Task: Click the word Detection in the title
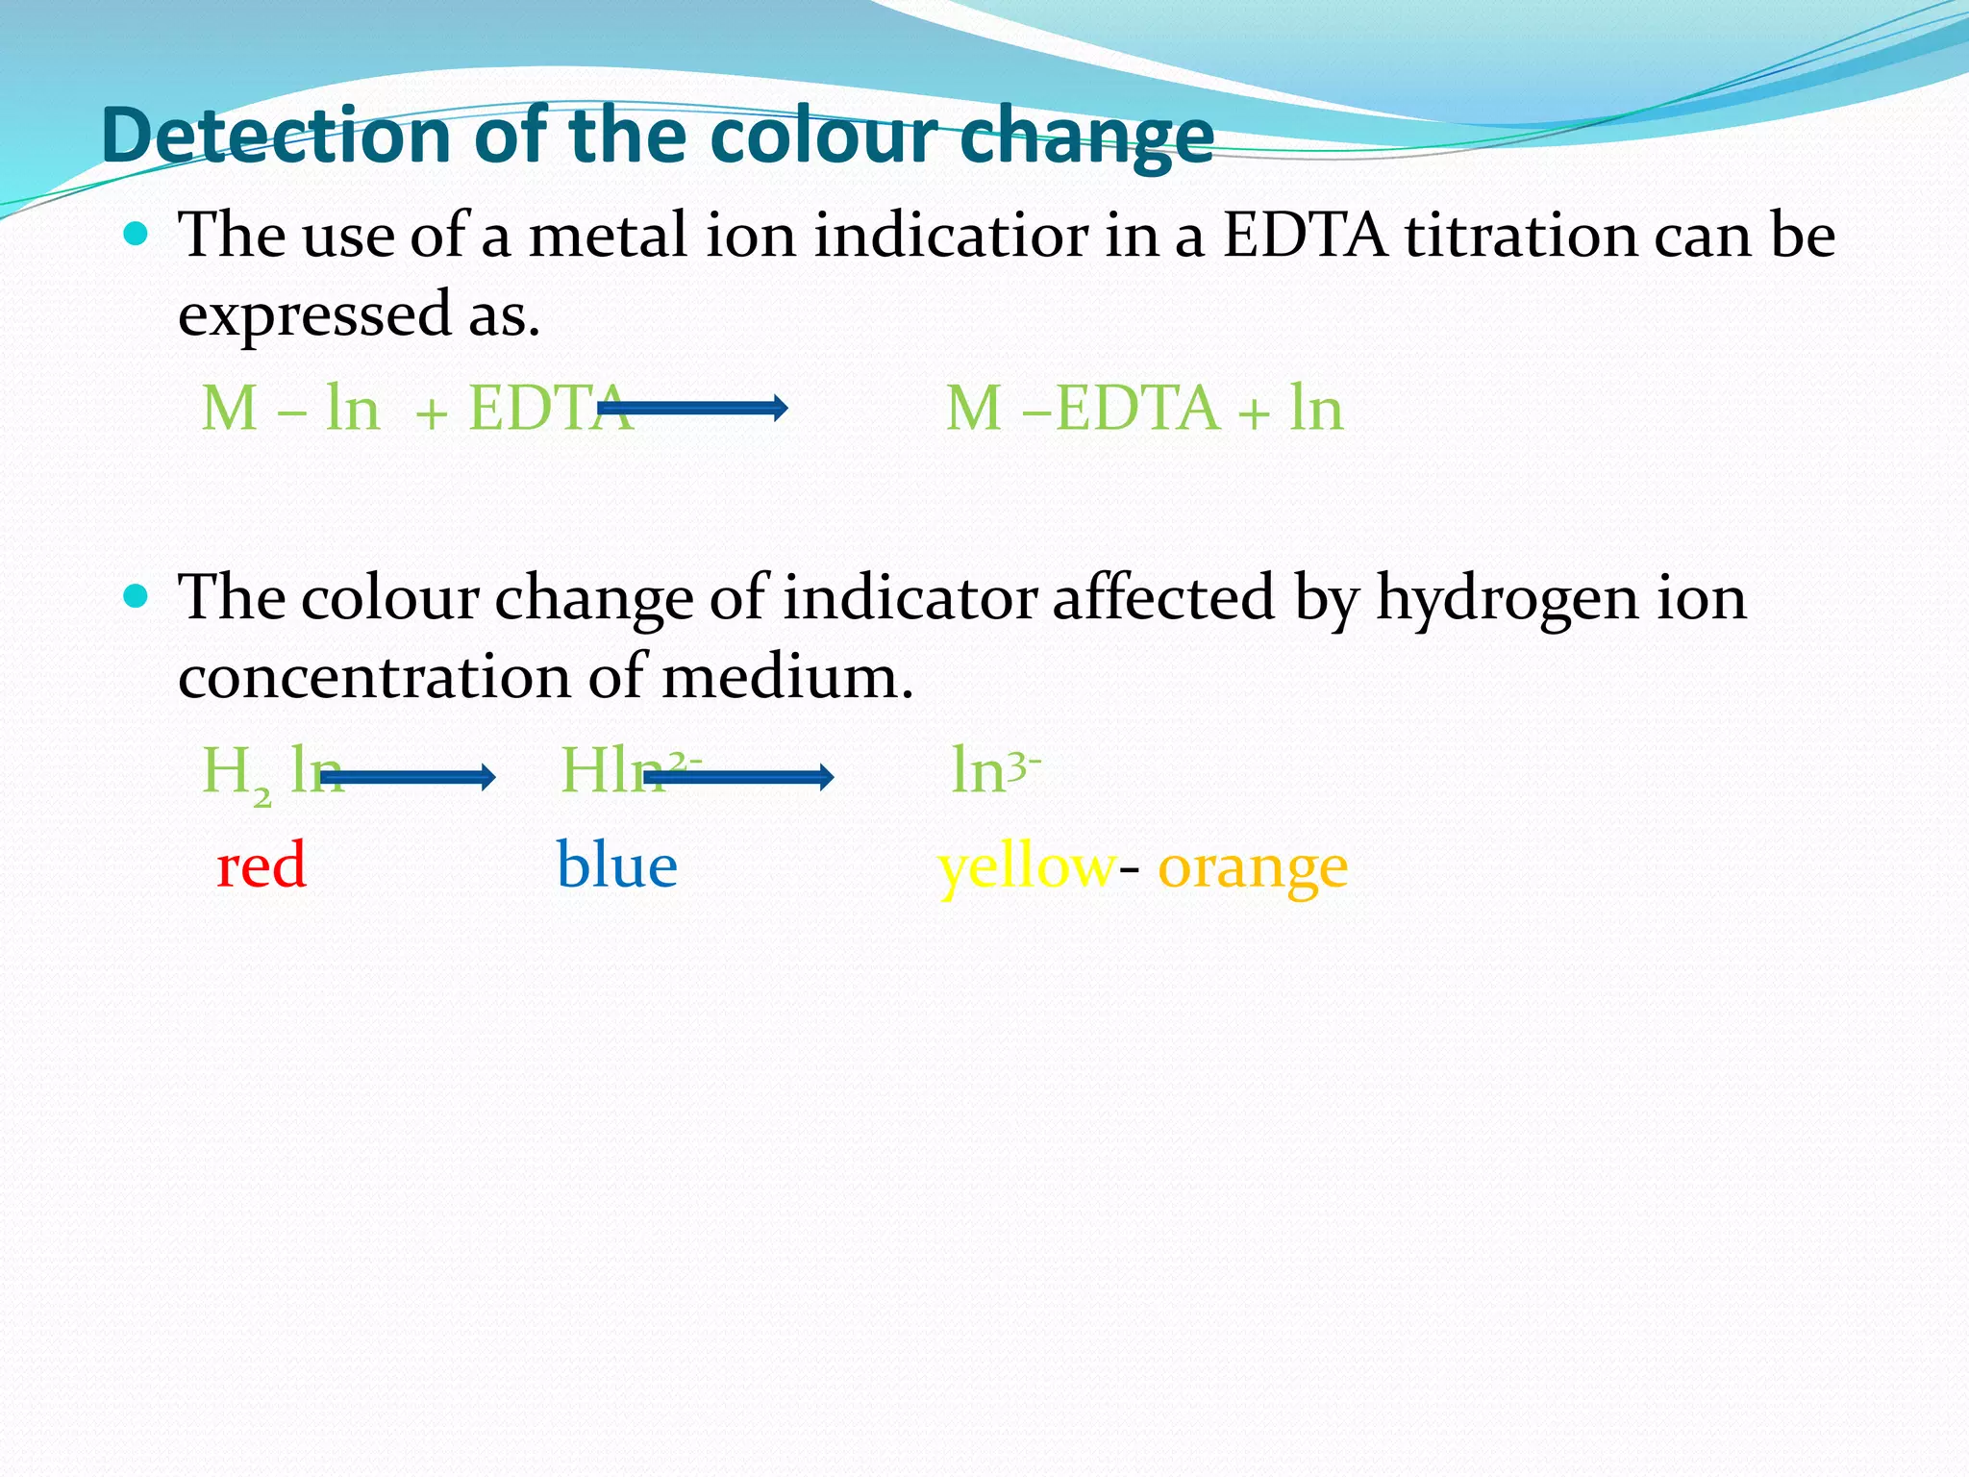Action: [278, 136]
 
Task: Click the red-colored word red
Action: [262, 864]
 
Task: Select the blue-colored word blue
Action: [617, 864]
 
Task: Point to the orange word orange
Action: [1252, 868]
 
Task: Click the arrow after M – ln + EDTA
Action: [692, 409]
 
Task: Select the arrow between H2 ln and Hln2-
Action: [408, 777]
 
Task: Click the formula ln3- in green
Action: [995, 770]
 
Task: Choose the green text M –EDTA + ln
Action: [1144, 409]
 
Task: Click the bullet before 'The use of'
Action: [137, 234]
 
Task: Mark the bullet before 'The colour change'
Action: [137, 597]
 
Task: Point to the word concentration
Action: [375, 677]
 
